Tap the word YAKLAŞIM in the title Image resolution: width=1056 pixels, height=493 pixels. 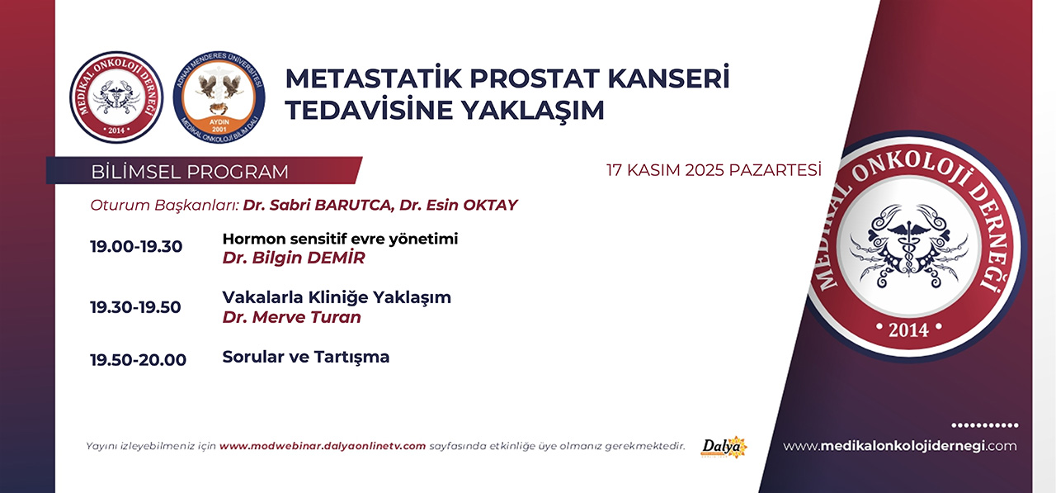tap(532, 110)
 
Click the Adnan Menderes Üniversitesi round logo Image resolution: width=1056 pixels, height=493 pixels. tap(219, 97)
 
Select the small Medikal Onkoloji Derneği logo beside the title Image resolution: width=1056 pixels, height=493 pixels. tap(116, 97)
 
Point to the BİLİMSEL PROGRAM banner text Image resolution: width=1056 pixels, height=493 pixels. tap(190, 172)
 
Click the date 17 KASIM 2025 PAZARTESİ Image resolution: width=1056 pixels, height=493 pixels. tap(714, 170)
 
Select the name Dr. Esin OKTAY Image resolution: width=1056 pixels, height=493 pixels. tap(459, 206)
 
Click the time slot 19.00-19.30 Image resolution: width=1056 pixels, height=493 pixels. tap(136, 246)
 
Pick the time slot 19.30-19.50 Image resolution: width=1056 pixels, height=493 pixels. tap(136, 307)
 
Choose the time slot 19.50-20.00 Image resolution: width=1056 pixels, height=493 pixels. tap(138, 360)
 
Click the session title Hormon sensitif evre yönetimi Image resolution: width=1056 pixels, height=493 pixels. tap(340, 239)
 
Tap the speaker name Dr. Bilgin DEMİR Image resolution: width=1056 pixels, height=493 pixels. tap(294, 258)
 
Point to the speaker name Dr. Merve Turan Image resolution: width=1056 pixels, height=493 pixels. tap(292, 317)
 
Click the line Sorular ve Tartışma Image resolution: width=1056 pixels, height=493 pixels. tap(306, 357)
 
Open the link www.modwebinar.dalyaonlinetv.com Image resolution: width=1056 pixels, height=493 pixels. tap(323, 446)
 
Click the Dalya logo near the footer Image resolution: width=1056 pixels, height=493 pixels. tap(724, 447)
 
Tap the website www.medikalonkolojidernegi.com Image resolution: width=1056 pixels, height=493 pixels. tap(900, 446)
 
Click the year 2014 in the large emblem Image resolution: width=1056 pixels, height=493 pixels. tap(908, 329)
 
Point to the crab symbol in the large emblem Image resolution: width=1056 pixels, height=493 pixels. tap(908, 245)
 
